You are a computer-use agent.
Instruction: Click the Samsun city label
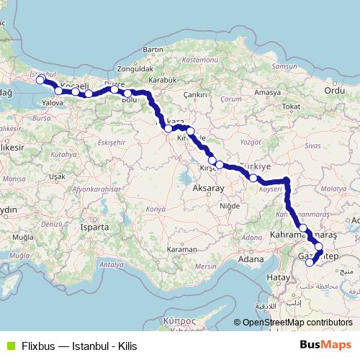pos(283,66)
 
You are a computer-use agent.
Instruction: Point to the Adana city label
pos(251,258)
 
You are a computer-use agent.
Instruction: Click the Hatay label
pos(276,276)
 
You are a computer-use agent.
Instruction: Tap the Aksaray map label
pos(210,187)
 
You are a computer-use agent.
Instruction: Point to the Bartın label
pos(154,50)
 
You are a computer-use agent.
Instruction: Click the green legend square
pos(9,346)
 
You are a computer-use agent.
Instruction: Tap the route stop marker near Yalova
pos(58,91)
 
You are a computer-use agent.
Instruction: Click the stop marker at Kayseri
pos(253,177)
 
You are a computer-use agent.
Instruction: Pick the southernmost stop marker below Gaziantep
pos(310,263)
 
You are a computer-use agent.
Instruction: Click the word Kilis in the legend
pos(127,346)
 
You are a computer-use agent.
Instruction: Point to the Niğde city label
pos(230,205)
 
